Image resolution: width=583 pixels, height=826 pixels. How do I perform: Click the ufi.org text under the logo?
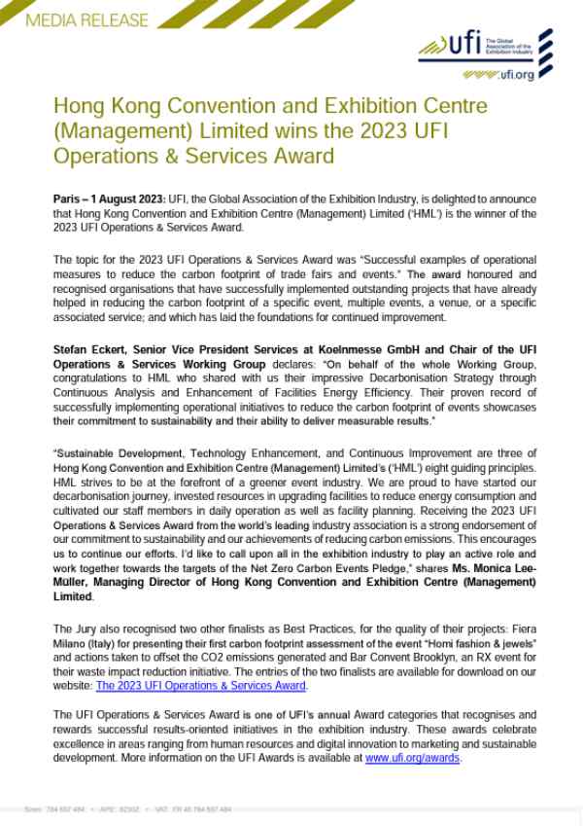[511, 74]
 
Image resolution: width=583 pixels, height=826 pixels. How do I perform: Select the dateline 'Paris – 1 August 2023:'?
[110, 198]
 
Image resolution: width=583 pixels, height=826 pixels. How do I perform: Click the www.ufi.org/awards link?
[413, 757]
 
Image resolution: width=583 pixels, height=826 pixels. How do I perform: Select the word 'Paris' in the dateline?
[67, 198]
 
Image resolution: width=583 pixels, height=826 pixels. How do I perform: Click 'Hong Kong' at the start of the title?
[94, 107]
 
